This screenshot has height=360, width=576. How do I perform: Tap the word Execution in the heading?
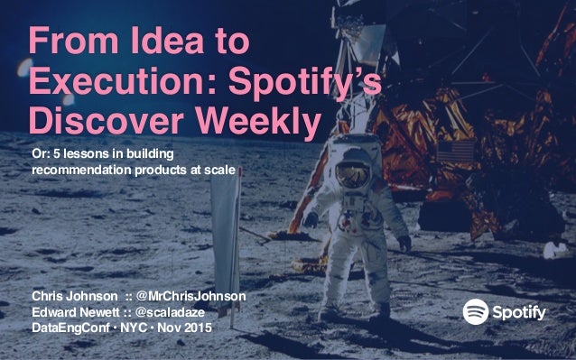point(109,82)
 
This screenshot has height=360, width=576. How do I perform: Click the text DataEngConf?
point(65,327)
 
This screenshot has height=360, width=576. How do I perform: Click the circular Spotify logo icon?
point(477,312)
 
